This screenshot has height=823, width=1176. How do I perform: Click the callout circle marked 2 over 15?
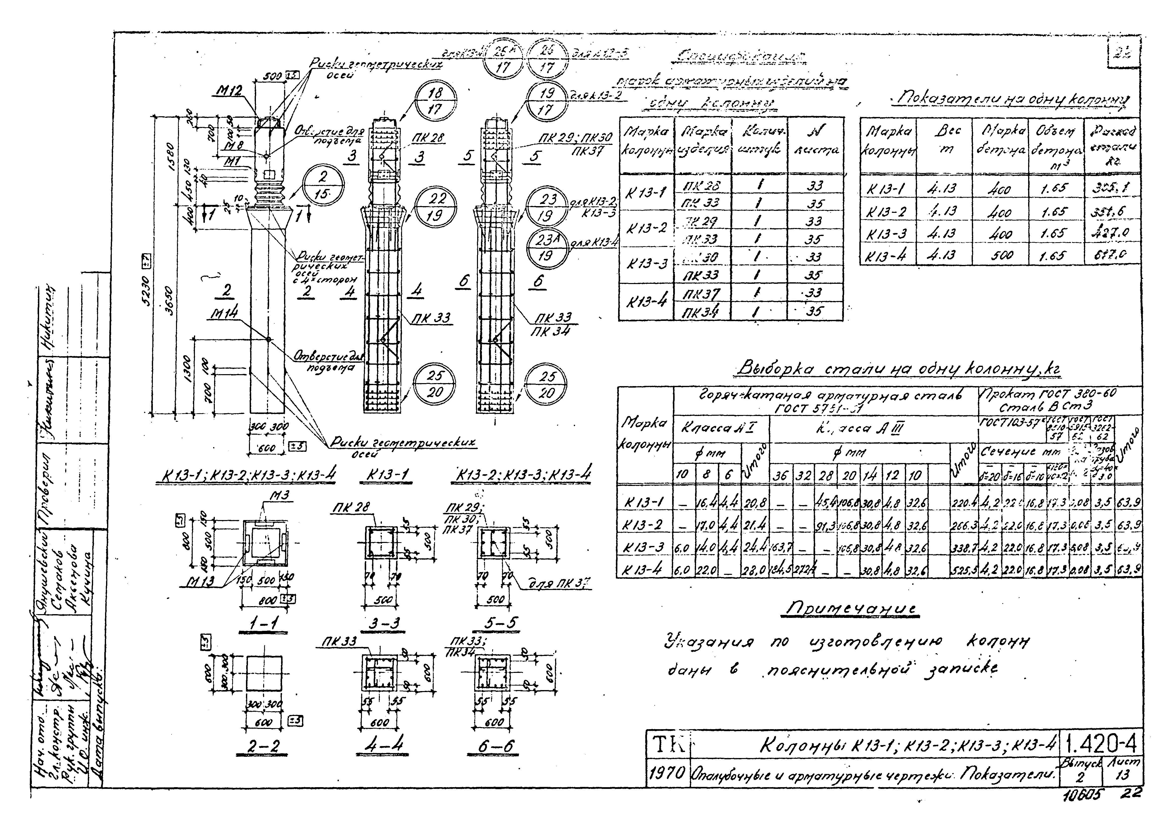tap(323, 185)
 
